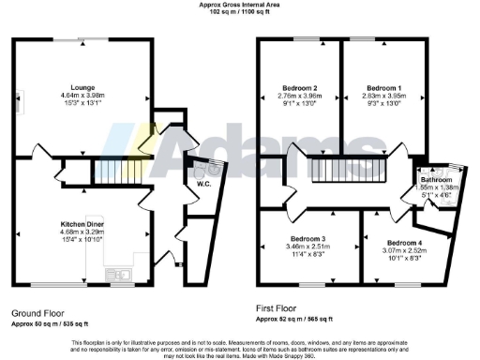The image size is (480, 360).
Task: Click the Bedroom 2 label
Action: point(300,86)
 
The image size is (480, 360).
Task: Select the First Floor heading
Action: point(281,307)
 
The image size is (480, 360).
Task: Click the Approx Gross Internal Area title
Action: point(239,5)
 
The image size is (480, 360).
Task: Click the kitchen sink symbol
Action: point(117,275)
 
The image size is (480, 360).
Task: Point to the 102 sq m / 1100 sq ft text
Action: point(239,13)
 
